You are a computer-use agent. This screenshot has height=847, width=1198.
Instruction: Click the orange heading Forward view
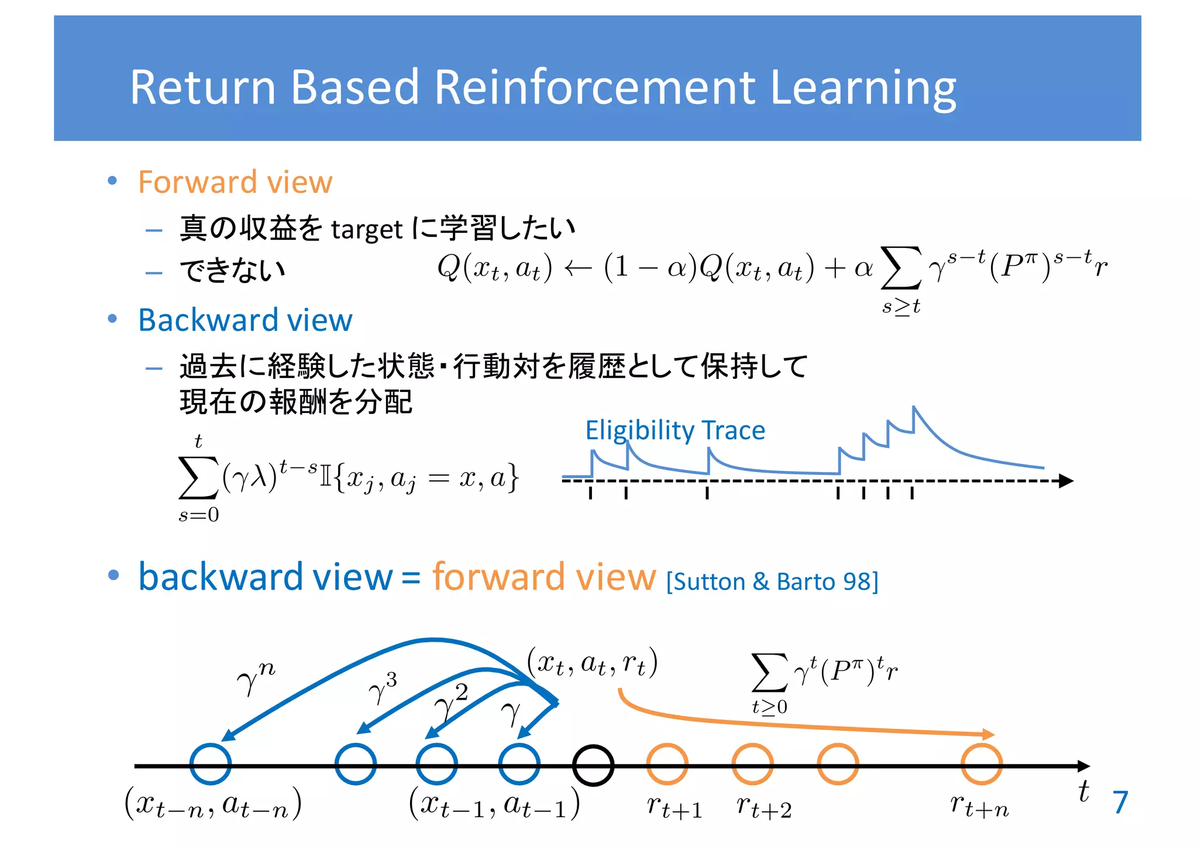click(235, 182)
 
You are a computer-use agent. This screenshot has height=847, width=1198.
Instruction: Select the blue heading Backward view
click(245, 320)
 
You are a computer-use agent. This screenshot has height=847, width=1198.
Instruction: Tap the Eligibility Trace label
click(675, 430)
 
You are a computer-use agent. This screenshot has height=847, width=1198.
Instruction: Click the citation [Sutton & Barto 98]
click(772, 581)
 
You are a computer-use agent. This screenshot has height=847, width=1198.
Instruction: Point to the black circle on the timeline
click(593, 765)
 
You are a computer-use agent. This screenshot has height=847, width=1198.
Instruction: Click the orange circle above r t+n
click(982, 764)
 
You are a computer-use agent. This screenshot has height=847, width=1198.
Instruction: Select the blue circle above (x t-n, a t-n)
click(211, 764)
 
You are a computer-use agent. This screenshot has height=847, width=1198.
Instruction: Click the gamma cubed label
click(383, 688)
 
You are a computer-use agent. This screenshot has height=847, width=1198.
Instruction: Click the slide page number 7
click(1120, 802)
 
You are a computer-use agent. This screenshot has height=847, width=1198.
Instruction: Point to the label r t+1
click(674, 807)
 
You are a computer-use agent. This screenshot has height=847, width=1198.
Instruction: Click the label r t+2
click(763, 807)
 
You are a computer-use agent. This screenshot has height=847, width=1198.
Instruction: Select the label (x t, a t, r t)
click(592, 663)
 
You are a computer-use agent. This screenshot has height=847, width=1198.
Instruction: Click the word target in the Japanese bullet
click(367, 229)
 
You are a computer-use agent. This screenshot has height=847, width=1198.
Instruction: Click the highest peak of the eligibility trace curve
click(914, 407)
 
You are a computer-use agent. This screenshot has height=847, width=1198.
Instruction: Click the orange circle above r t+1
click(667, 764)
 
